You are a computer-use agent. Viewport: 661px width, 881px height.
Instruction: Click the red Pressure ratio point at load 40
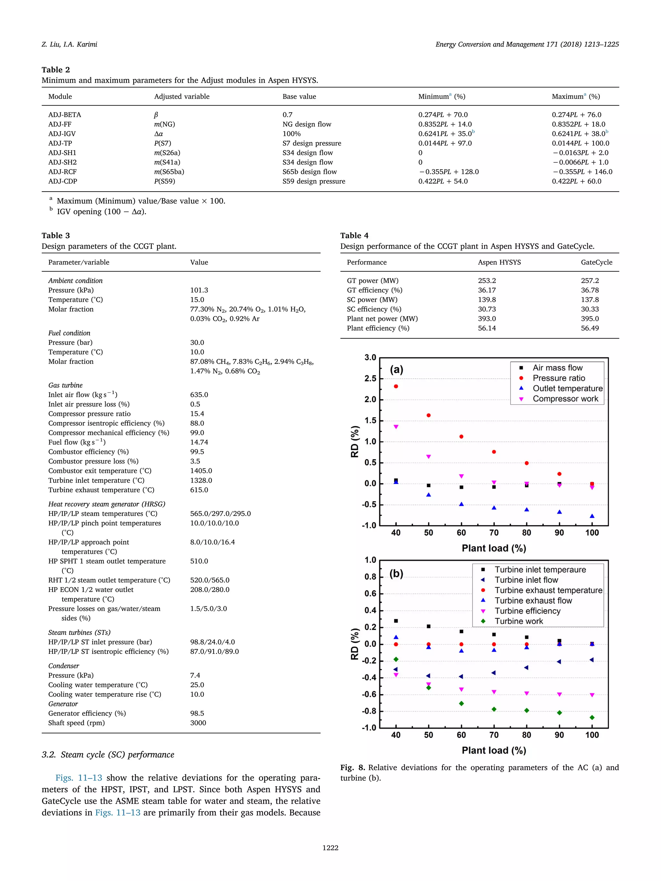[x=396, y=386]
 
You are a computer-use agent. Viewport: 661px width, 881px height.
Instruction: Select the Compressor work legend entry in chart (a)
[x=565, y=399]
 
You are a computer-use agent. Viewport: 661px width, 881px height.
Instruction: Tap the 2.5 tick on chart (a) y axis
[x=370, y=378]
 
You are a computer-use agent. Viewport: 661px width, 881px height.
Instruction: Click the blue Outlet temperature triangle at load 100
[x=592, y=516]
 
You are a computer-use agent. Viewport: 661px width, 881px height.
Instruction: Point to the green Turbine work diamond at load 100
[x=592, y=717]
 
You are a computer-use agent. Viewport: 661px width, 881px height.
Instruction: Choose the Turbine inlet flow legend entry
[x=526, y=580]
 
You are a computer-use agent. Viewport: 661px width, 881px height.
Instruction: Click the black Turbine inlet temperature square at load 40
[x=396, y=621]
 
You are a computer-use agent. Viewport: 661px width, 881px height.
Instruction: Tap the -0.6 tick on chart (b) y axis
[x=369, y=694]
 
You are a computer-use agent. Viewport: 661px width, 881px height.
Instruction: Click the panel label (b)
[x=396, y=574]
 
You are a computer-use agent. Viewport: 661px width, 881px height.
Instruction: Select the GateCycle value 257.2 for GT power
[x=590, y=281]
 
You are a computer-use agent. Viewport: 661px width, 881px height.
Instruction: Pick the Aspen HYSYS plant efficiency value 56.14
[x=487, y=328]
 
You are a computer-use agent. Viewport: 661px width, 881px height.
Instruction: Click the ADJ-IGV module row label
[x=62, y=134]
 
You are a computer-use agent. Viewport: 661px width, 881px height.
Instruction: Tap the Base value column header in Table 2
[x=299, y=96]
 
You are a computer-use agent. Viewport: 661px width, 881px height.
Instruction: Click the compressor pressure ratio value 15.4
[x=197, y=414]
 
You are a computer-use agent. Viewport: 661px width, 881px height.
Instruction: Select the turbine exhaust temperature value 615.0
[x=199, y=490]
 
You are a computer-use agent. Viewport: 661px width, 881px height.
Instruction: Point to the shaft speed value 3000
[x=198, y=723]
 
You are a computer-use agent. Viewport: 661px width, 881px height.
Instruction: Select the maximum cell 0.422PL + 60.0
[x=576, y=181]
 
